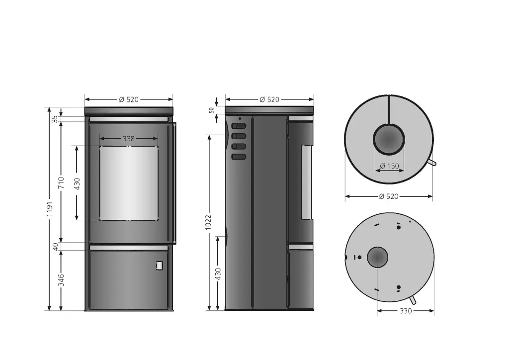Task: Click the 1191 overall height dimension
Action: coord(49,209)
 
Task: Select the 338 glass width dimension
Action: coord(129,139)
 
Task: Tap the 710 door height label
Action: coord(61,183)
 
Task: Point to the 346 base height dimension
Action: coord(61,280)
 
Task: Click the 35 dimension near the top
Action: coord(55,119)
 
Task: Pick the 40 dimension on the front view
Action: coord(56,247)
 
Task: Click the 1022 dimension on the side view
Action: coord(208,222)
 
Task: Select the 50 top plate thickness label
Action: coord(212,110)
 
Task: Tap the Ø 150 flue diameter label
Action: coord(389,166)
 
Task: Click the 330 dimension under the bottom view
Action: coord(406,311)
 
